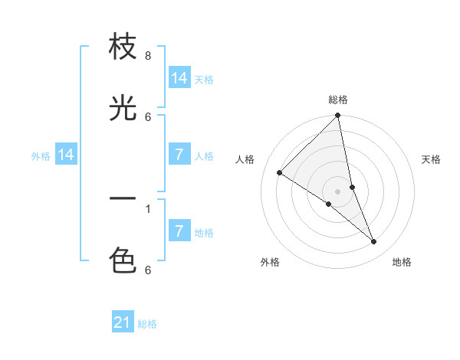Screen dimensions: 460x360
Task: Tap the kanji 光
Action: [123, 109]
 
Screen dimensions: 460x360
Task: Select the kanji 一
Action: [123, 199]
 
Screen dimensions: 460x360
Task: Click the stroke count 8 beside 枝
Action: [148, 55]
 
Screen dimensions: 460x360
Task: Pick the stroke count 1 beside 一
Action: [148, 208]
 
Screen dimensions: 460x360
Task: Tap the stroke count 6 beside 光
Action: [148, 116]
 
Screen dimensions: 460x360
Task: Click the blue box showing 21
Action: [123, 322]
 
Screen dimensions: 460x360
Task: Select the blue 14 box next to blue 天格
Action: [179, 78]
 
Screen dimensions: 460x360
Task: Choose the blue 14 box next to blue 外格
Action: [66, 155]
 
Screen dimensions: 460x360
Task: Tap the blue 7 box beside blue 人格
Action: [179, 155]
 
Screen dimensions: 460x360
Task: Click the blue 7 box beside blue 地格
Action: [179, 231]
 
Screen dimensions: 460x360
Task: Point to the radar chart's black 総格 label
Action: [338, 100]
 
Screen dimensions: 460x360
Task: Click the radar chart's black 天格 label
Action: [431, 159]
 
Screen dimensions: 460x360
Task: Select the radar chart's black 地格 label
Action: [402, 262]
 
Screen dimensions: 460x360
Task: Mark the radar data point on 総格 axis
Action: [338, 116]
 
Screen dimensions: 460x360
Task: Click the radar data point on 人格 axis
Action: [280, 173]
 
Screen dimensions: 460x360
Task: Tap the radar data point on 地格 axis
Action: [374, 242]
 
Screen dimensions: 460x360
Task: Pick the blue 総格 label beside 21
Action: [147, 324]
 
